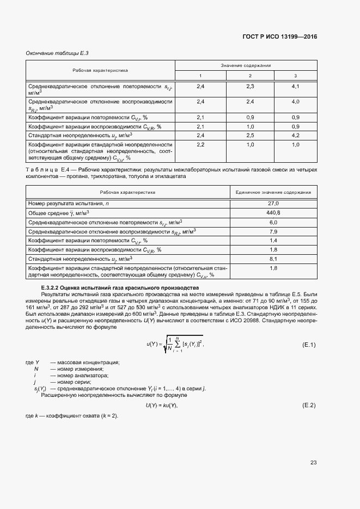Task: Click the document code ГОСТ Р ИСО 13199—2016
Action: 279,37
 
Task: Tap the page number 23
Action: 313,463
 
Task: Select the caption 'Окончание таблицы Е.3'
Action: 57,53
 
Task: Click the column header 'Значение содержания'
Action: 246,65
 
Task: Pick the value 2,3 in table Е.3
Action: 250,87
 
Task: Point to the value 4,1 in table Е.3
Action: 295,87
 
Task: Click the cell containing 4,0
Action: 295,102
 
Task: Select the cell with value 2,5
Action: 250,135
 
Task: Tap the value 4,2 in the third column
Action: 295,135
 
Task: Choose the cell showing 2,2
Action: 200,144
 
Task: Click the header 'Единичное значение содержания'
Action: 273,192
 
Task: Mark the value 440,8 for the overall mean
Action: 273,212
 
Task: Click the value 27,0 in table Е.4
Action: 273,203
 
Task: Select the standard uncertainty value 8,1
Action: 273,259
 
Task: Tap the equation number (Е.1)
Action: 309,345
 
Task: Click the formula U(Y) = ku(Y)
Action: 162,406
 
